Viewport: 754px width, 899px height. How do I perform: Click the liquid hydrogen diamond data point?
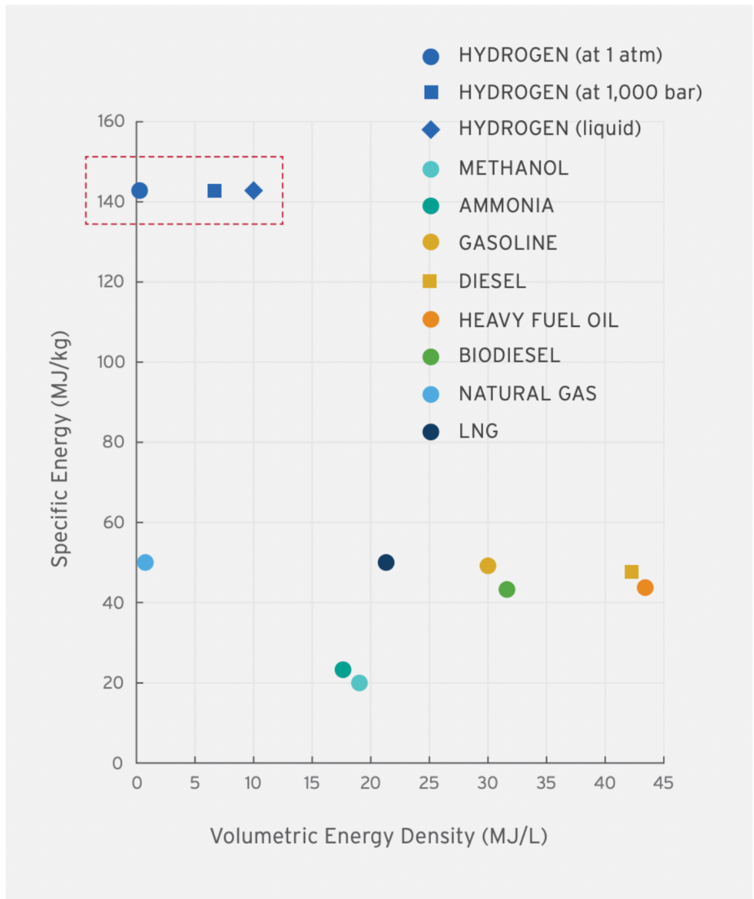254,191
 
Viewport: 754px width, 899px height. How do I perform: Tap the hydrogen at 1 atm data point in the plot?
139,190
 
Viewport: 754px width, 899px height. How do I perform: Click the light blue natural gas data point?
146,562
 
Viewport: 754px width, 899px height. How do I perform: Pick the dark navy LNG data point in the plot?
386,562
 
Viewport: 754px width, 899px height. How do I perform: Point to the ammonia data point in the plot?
343,670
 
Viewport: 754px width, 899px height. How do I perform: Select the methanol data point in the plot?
359,683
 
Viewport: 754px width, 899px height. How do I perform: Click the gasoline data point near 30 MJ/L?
488,565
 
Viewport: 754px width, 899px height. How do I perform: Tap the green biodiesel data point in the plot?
507,589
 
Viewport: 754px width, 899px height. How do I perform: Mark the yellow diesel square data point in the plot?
631,571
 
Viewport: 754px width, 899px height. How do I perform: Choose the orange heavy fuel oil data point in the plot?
645,587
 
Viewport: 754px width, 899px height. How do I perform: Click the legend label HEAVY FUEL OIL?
538,320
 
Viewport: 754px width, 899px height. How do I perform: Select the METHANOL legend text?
513,169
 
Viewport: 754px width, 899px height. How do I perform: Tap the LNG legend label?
478,431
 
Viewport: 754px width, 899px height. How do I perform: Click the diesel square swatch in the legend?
430,281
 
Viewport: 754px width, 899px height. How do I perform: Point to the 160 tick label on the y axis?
111,121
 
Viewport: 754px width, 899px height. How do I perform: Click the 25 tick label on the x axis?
428,783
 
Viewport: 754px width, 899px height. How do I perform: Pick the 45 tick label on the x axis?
663,783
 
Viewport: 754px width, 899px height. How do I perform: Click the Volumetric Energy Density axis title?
378,836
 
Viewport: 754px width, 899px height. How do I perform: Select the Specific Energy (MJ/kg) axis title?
60,448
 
